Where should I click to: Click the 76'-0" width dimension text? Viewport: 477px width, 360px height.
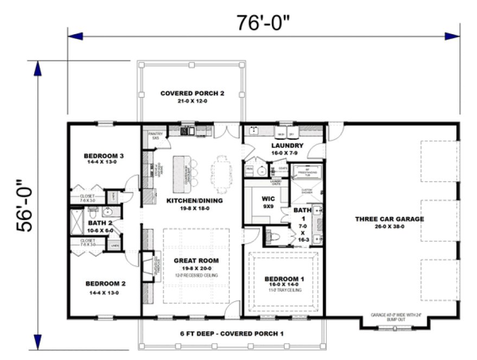(263, 22)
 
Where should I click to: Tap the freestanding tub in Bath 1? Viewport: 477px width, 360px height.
(307, 172)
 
